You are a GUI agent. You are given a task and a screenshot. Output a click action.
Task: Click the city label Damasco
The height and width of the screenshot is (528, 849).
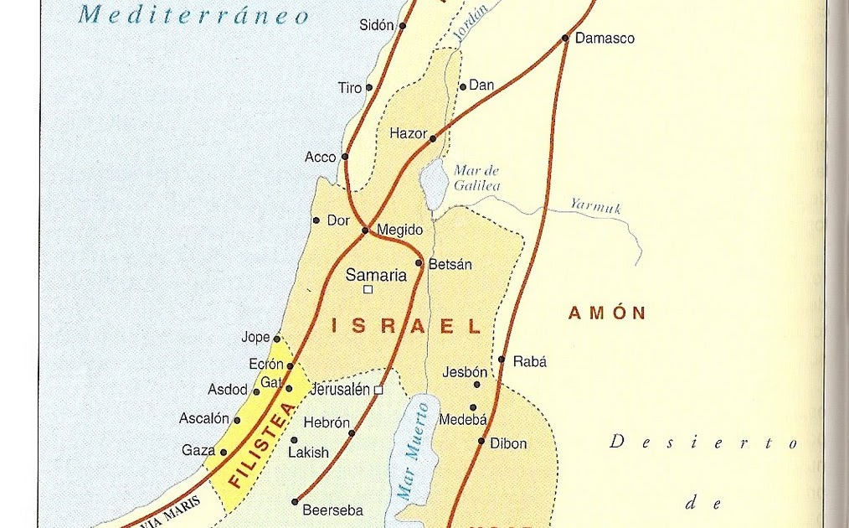(x=605, y=39)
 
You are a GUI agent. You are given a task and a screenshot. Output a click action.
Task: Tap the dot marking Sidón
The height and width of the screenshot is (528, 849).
(x=402, y=26)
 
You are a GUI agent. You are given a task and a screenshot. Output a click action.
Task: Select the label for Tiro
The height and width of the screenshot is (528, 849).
(x=349, y=88)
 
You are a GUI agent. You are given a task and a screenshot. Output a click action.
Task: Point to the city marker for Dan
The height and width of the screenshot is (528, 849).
(x=462, y=86)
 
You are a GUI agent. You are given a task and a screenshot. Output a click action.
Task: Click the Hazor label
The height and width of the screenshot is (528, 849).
(x=408, y=133)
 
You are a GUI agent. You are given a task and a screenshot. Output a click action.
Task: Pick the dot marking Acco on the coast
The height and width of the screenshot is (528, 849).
(x=344, y=156)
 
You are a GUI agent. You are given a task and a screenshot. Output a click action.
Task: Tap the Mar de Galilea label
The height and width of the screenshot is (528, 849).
(x=476, y=178)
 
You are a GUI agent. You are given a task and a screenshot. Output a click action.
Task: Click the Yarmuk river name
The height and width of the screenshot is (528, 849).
(x=595, y=206)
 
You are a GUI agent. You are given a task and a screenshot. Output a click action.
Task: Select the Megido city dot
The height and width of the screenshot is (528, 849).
(x=365, y=230)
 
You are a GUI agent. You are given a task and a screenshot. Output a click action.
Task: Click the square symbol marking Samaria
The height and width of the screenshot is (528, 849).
(x=367, y=290)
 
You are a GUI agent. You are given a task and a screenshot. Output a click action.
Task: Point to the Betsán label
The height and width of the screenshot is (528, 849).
(x=450, y=265)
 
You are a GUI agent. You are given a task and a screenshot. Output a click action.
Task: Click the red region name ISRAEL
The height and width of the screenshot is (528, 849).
(x=407, y=326)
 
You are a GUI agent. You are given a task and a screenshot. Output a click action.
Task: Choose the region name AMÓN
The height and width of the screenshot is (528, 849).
(x=607, y=313)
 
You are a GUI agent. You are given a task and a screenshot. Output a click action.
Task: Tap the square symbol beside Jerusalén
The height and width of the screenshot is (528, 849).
(x=378, y=390)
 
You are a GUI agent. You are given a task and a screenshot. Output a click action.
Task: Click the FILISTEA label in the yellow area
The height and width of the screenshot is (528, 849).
(x=261, y=445)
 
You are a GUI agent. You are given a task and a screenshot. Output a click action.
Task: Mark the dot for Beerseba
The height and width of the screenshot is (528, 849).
(x=295, y=502)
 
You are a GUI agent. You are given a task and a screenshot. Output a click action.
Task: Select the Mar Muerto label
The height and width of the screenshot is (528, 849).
(x=414, y=452)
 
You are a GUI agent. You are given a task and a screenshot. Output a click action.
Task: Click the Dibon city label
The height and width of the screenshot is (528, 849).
(x=508, y=443)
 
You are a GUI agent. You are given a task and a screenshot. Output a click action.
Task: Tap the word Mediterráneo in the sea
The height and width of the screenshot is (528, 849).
(x=194, y=15)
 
